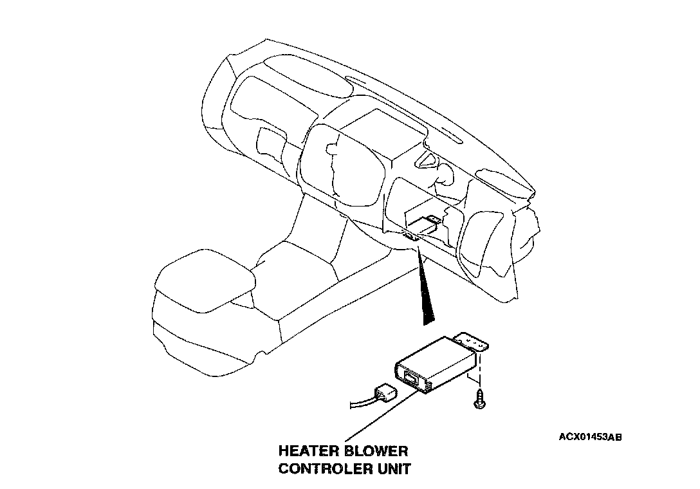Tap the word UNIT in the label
(392, 468)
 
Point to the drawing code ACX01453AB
(590, 438)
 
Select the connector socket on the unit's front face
(410, 376)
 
